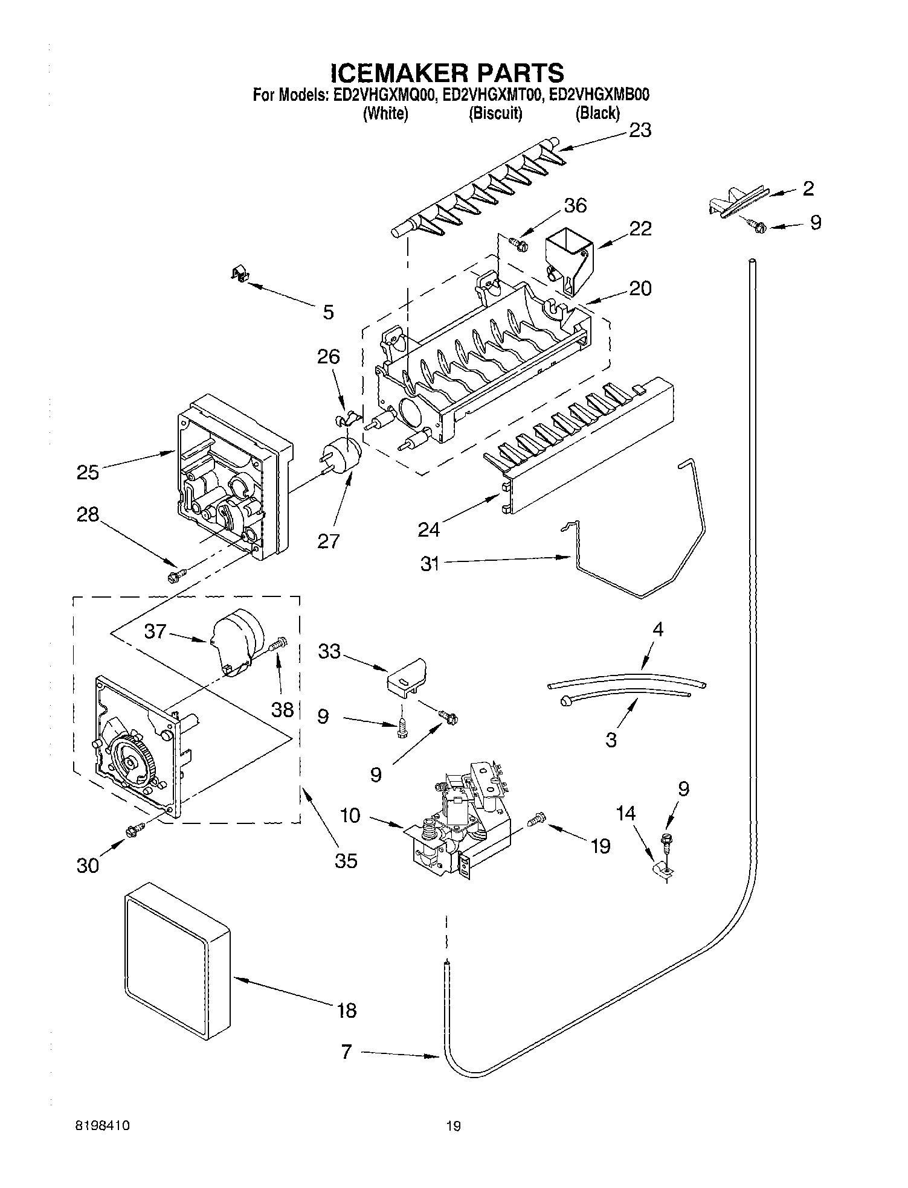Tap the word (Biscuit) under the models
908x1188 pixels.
click(x=495, y=113)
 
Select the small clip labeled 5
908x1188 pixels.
click(x=240, y=275)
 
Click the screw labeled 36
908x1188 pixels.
click(x=518, y=244)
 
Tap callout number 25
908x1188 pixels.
click(x=88, y=471)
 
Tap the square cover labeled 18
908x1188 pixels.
click(x=176, y=968)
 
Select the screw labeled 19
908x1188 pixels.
click(x=537, y=819)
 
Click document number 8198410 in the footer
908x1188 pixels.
click(x=103, y=1125)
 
